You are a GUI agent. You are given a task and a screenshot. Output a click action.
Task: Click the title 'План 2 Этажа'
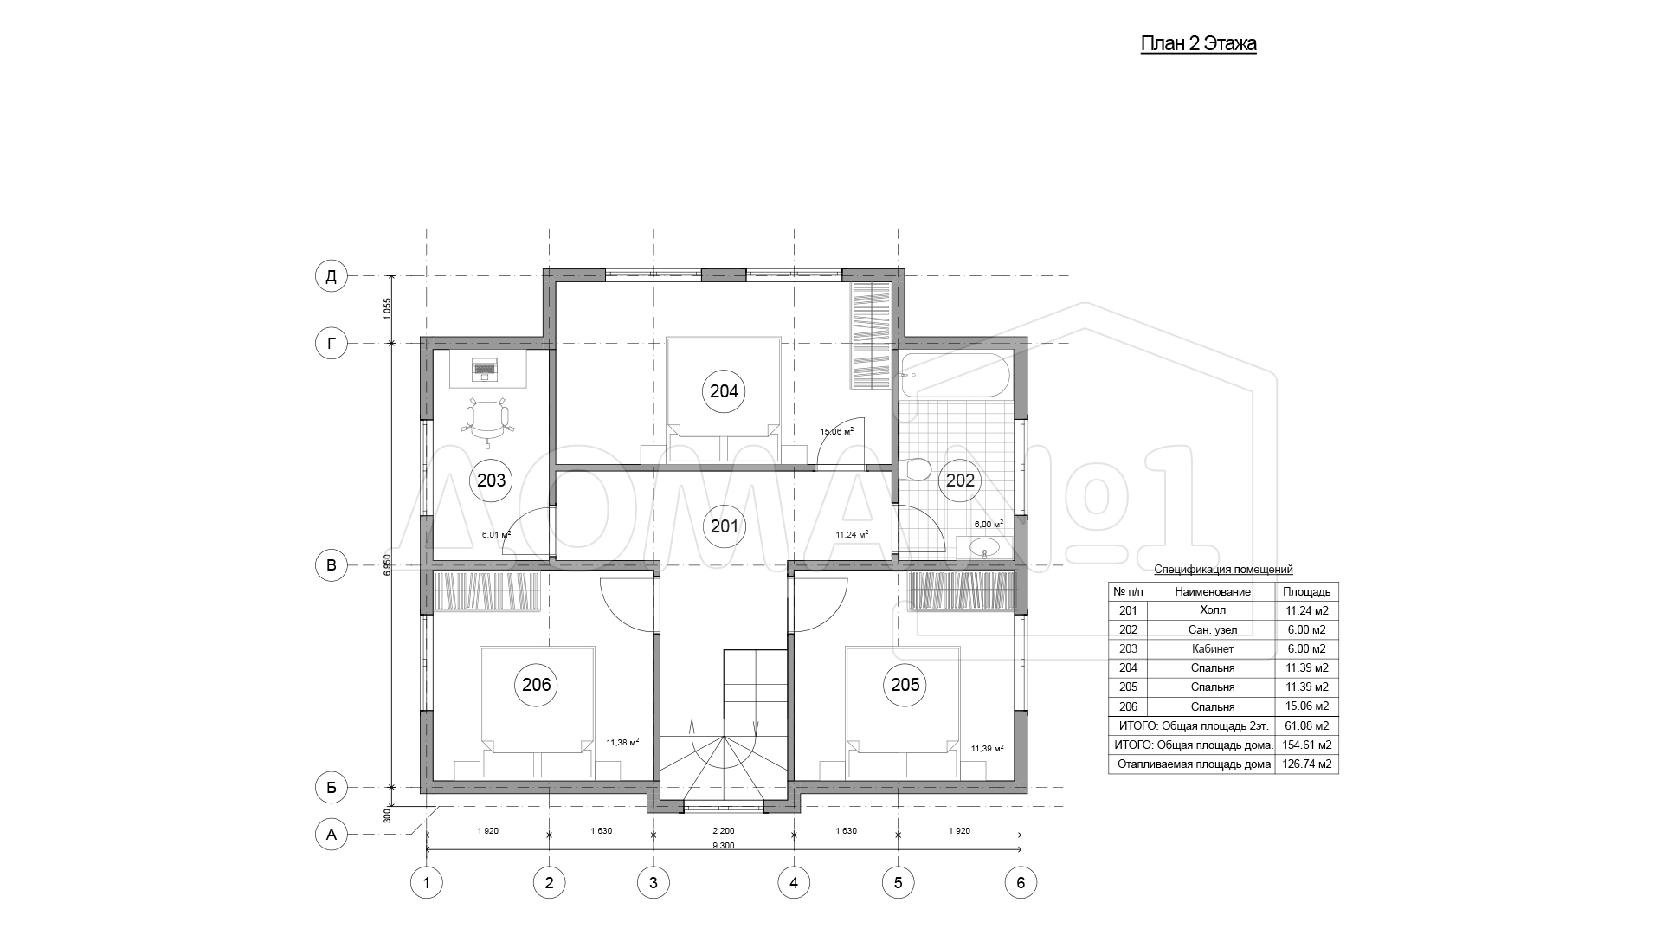pyautogui.click(x=1198, y=44)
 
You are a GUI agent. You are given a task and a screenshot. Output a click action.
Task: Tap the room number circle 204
pyautogui.click(x=724, y=391)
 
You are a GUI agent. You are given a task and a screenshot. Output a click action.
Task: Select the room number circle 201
pyautogui.click(x=724, y=526)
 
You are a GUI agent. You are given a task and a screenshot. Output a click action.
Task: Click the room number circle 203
pyautogui.click(x=491, y=480)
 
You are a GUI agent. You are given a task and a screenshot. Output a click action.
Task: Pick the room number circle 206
pyautogui.click(x=537, y=685)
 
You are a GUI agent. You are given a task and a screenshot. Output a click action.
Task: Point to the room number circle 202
pyautogui.click(x=960, y=480)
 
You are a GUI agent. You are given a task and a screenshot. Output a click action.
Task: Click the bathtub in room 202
pyautogui.click(x=956, y=375)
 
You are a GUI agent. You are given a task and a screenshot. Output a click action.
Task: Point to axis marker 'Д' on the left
pyautogui.click(x=330, y=276)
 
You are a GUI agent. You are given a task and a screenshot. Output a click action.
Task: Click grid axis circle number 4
pyautogui.click(x=794, y=883)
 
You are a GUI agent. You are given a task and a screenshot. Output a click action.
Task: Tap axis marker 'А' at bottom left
pyautogui.click(x=330, y=835)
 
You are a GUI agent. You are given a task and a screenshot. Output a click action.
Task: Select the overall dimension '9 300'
pyautogui.click(x=724, y=846)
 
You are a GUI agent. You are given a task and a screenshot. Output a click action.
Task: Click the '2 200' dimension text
pyautogui.click(x=724, y=830)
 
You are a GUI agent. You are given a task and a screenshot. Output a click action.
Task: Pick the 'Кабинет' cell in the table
pyautogui.click(x=1213, y=648)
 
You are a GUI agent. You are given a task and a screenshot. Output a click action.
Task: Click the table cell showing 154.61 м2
pyautogui.click(x=1307, y=745)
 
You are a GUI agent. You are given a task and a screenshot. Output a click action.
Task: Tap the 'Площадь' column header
pyautogui.click(x=1307, y=592)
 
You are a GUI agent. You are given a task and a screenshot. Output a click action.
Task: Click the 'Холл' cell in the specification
pyautogui.click(x=1213, y=610)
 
